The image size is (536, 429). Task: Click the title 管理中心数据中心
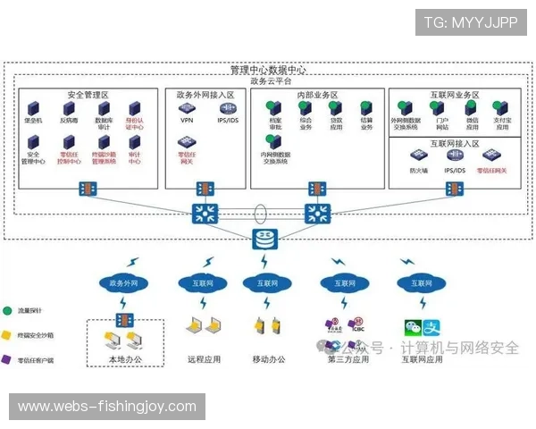pyautogui.click(x=268, y=70)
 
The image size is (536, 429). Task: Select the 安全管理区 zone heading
pyautogui.click(x=87, y=95)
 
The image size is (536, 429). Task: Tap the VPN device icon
pyautogui.click(x=187, y=109)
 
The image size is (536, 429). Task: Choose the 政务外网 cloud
pyautogui.click(x=123, y=283)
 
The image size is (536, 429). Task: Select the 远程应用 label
pyautogui.click(x=205, y=360)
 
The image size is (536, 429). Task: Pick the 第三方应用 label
pyautogui.click(x=348, y=360)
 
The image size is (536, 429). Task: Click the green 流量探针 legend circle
pyautogui.click(x=7, y=311)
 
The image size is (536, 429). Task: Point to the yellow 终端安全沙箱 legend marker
pyautogui.click(x=7, y=336)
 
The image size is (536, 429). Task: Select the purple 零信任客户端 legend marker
pyautogui.click(x=7, y=360)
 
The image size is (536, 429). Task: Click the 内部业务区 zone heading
pyautogui.click(x=317, y=95)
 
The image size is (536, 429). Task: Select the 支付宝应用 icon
pyautogui.click(x=501, y=109)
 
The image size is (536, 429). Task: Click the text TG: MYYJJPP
pyautogui.click(x=471, y=22)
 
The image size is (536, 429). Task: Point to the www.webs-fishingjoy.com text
pyautogui.click(x=107, y=407)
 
